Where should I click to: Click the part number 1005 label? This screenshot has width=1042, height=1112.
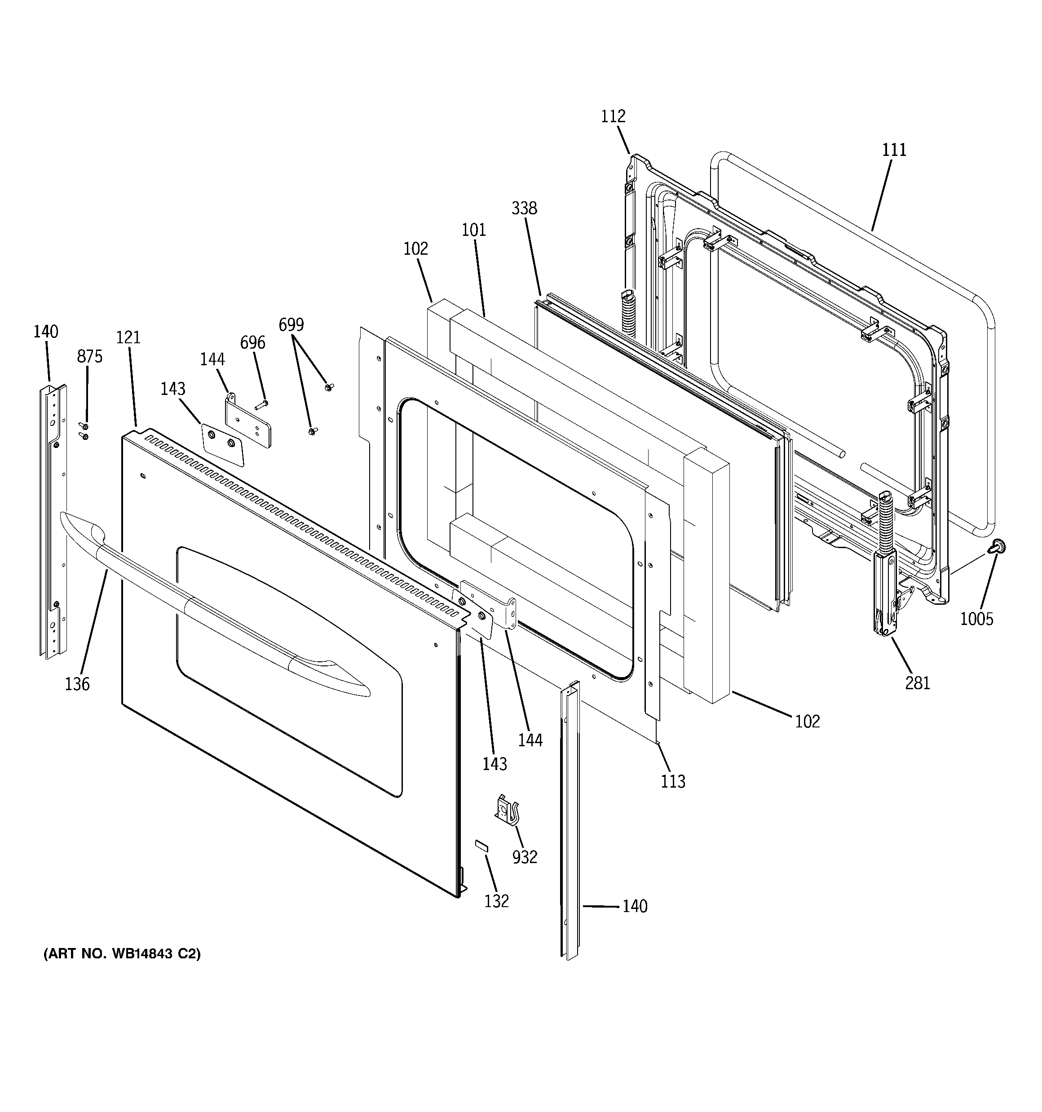(976, 619)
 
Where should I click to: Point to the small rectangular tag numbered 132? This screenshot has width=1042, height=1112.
(481, 860)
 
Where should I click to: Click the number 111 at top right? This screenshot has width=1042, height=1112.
(894, 150)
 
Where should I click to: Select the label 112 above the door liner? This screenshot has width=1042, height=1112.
(613, 116)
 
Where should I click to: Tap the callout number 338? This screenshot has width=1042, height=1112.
(524, 208)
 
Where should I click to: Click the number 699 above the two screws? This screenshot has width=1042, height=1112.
(291, 324)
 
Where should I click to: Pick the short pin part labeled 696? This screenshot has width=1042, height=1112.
(262, 403)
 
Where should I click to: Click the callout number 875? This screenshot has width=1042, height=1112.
(89, 356)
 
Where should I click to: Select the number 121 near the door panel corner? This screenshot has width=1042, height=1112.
(128, 337)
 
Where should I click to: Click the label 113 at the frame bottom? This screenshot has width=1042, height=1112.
(672, 781)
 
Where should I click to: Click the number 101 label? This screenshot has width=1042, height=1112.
(474, 230)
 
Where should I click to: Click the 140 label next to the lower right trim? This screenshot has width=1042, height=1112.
(635, 906)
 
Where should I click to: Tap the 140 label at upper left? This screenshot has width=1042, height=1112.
(45, 332)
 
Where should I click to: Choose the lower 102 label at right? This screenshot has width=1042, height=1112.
(807, 722)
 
